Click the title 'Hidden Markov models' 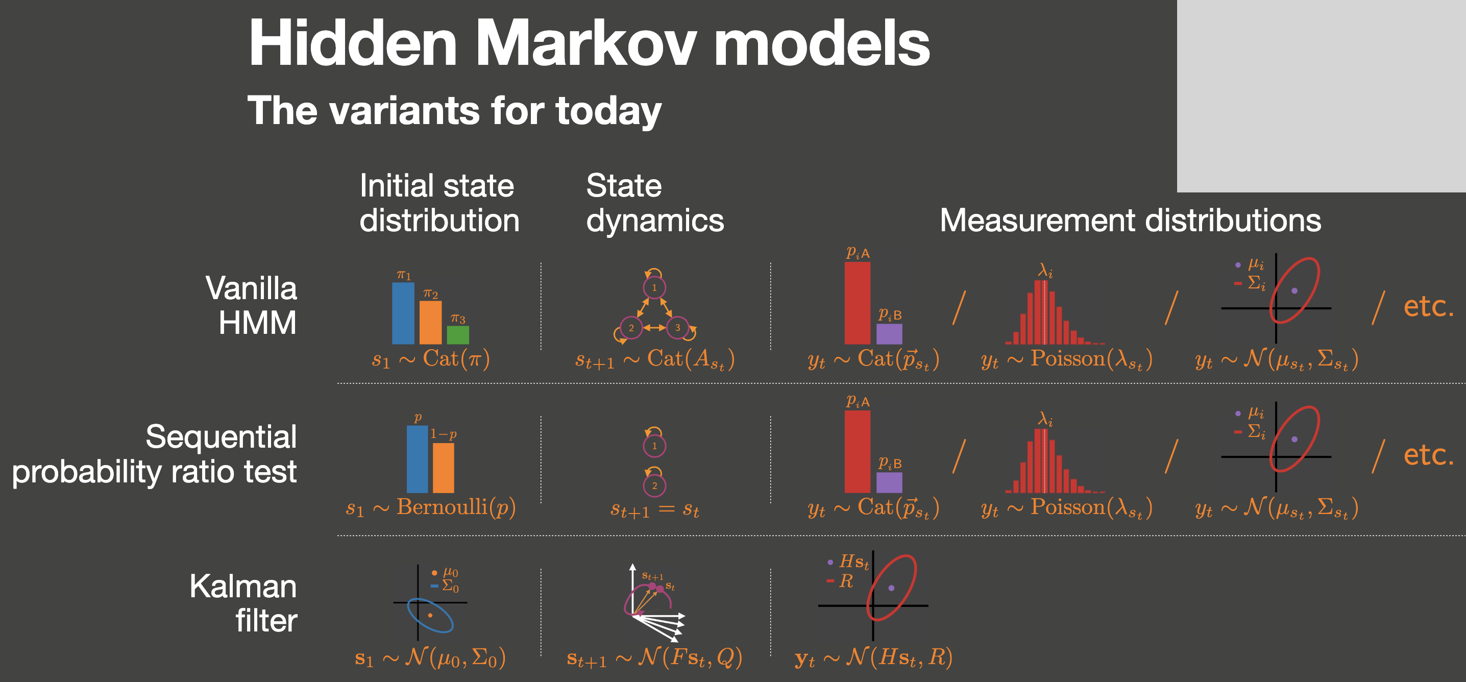(589, 43)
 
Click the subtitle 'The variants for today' (454, 110)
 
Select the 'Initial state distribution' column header (439, 203)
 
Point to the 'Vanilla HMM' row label (251, 305)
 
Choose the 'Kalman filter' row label (243, 603)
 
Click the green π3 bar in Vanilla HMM (457, 335)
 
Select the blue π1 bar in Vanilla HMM (403, 313)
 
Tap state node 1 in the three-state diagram (654, 287)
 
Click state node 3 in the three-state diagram (677, 327)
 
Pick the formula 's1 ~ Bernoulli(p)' (431, 507)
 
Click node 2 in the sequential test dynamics (654, 485)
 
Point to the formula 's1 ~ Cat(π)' (431, 359)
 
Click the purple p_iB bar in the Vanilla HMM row (889, 334)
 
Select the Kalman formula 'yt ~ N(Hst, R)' (873, 657)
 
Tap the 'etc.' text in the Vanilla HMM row (1428, 306)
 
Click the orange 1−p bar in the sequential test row (444, 468)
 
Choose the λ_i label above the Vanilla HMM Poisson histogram (1045, 271)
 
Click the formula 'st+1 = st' (654, 509)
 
